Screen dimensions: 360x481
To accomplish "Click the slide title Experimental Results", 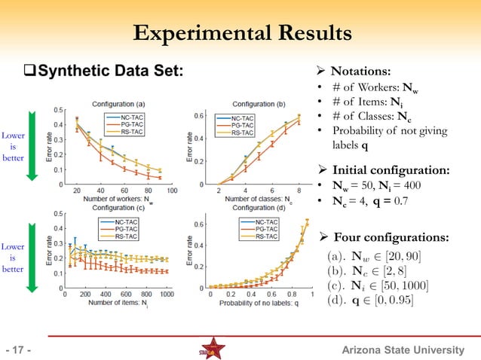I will point(241,34).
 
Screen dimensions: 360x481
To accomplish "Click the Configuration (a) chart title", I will point(119,103).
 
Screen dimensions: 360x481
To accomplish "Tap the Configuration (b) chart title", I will point(259,103).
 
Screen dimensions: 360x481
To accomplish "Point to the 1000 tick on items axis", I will point(166,294).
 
